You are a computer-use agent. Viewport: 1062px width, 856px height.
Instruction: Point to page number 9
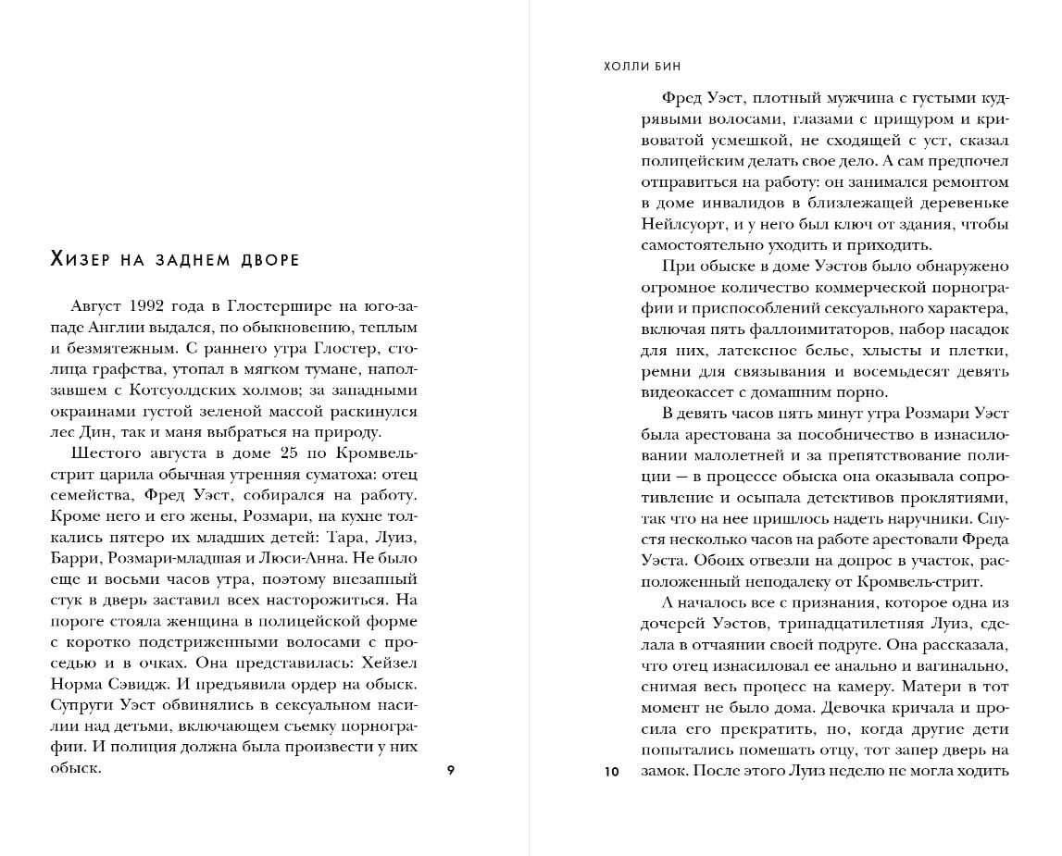pos(450,771)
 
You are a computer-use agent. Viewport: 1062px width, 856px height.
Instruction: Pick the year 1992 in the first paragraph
pos(150,306)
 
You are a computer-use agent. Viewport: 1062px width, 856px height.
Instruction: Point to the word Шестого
pos(106,453)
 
